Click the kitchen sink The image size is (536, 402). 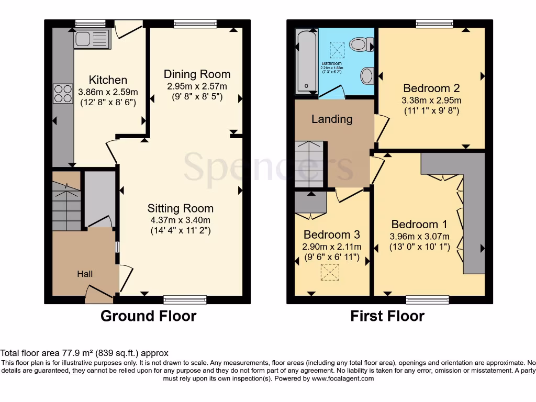[x=92, y=39]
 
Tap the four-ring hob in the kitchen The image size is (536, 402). [x=63, y=94]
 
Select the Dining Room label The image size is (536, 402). [x=197, y=74]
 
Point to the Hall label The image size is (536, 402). [x=85, y=274]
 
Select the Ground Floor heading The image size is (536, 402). [x=148, y=316]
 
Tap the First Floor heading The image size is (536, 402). [x=387, y=316]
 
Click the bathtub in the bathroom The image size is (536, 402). [x=306, y=62]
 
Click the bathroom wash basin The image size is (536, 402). [x=366, y=76]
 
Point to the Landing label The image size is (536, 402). [x=332, y=119]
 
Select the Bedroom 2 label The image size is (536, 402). [x=427, y=88]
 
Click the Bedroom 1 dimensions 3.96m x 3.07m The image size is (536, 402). [x=420, y=236]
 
